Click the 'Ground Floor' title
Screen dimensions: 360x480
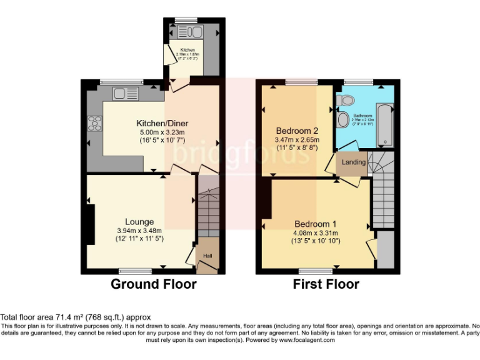tap(154, 284)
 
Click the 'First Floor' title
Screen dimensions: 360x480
tap(326, 284)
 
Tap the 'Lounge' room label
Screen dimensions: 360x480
tap(139, 222)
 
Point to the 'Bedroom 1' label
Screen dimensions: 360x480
tap(316, 224)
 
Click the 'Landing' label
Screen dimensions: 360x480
tap(354, 162)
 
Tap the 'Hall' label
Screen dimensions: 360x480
tap(207, 256)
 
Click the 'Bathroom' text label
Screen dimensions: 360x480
tap(363, 116)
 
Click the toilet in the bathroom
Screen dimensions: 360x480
tap(346, 100)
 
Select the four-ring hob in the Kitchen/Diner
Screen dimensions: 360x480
tap(96, 124)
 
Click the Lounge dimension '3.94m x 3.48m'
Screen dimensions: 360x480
tap(139, 231)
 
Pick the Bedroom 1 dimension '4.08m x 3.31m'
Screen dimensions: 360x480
tap(316, 233)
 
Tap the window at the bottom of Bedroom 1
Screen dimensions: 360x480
tap(316, 271)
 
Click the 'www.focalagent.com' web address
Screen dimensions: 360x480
tap(307, 341)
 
